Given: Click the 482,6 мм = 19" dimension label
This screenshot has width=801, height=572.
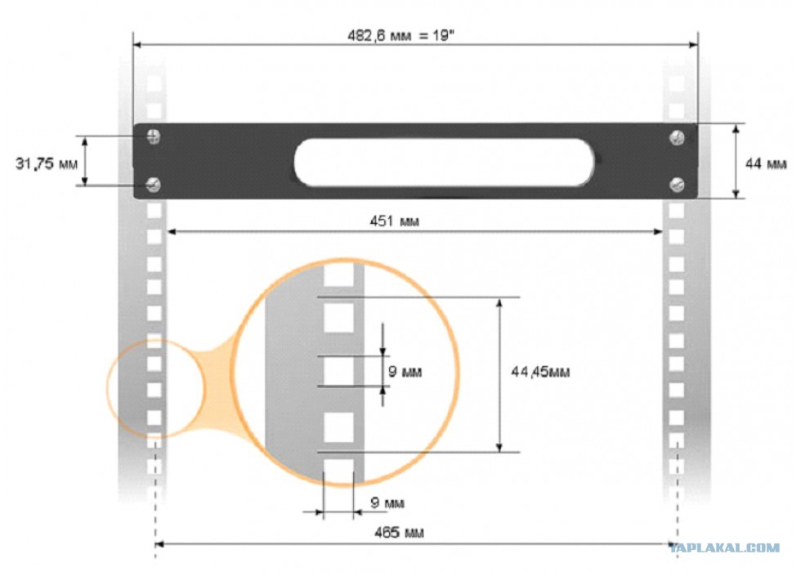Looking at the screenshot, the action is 400,36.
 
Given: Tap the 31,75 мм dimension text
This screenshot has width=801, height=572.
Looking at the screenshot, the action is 47,164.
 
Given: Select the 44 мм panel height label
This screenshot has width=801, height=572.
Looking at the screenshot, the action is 766,164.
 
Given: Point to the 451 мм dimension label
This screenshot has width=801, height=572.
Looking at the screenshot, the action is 394,221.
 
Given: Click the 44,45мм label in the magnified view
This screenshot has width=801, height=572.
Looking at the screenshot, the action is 540,372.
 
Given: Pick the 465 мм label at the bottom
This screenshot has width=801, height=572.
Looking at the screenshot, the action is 399,533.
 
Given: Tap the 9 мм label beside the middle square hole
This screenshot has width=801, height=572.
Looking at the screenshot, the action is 405,371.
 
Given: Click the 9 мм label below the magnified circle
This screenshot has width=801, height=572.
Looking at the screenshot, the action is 387,503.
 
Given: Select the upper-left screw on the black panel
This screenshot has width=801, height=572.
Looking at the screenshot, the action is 154,136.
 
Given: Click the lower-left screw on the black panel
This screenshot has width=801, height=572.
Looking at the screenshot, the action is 154,185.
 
